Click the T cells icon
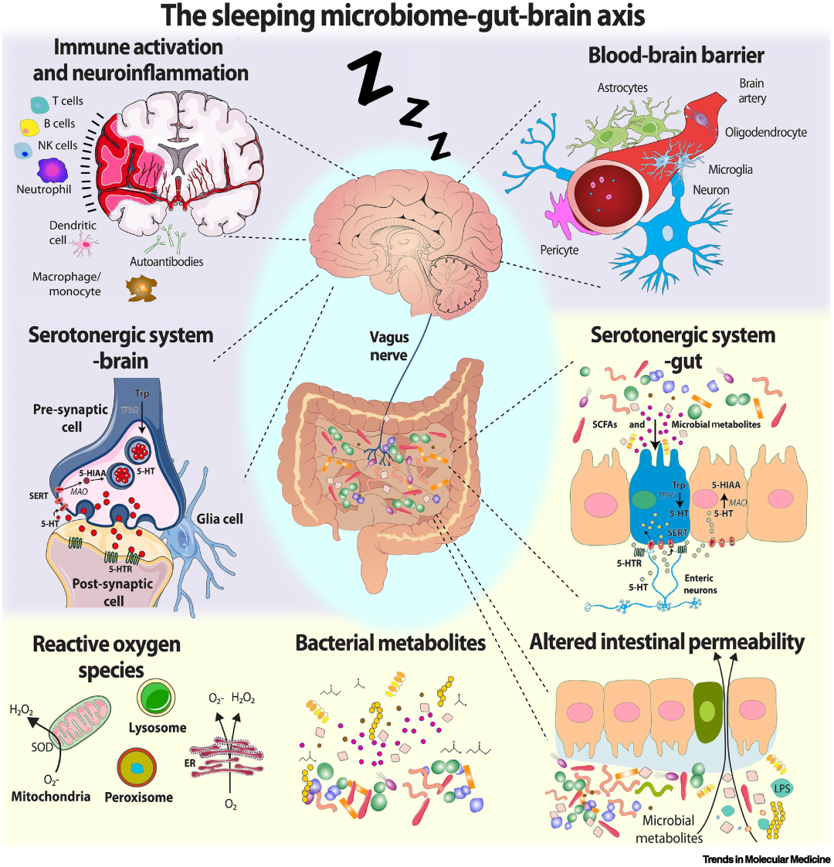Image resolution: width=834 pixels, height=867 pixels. point(38,102)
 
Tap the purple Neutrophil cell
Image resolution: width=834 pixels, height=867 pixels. point(53,170)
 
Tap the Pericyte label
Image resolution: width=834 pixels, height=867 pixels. point(559,250)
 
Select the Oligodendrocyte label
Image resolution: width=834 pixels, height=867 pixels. point(765,132)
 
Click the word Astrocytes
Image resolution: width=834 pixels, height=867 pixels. point(622,88)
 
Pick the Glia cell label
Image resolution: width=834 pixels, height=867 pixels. point(220,518)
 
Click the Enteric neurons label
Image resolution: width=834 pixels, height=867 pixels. point(699,583)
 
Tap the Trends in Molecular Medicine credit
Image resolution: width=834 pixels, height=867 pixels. point(766,858)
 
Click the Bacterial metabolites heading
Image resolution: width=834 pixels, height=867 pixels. point(391,643)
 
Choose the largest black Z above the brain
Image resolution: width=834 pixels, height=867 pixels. point(373,78)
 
